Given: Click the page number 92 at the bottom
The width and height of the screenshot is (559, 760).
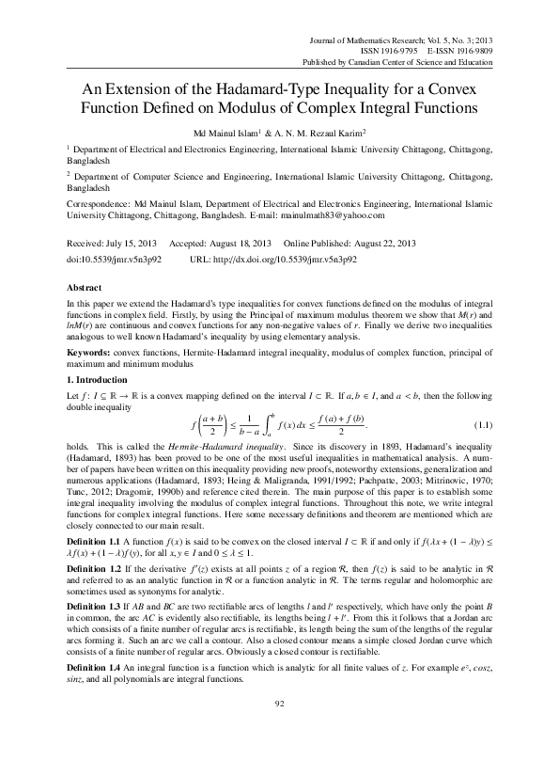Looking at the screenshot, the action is click(x=279, y=728).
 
